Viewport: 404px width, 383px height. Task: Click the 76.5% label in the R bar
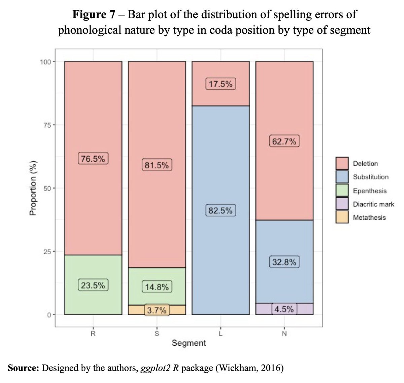(93, 159)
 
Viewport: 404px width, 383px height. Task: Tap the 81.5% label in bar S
(157, 165)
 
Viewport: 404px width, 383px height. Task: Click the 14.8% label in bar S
(157, 287)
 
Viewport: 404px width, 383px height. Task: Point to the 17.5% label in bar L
(221, 84)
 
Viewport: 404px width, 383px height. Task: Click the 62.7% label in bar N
(284, 141)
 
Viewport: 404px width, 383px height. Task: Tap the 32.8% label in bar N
(284, 262)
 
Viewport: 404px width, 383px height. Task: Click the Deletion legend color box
(342, 164)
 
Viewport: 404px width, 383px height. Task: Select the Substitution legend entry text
(371, 177)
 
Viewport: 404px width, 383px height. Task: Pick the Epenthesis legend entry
(370, 191)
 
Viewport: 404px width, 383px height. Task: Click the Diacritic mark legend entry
(373, 204)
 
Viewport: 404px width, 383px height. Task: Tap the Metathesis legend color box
(342, 218)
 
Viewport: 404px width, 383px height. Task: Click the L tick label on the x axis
(221, 334)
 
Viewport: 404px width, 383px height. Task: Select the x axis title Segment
(189, 343)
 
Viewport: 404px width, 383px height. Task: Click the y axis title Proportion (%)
(33, 188)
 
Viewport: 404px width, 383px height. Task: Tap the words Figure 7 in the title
(94, 15)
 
